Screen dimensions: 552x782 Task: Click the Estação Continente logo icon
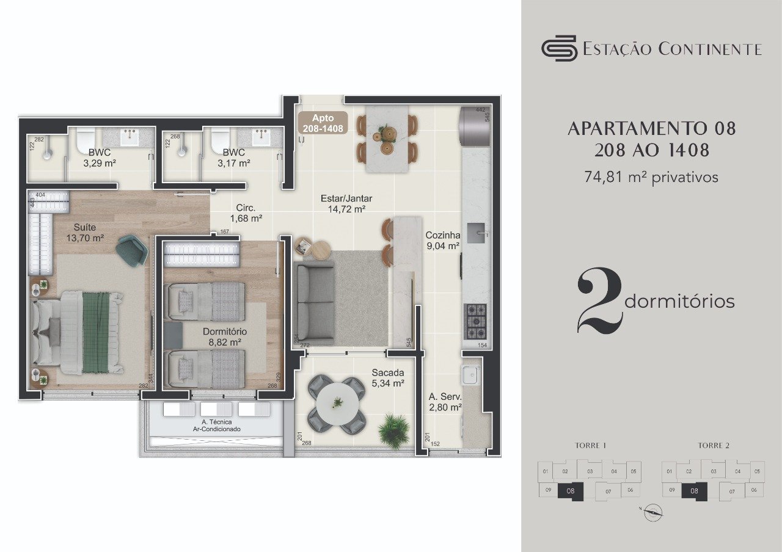pos(559,48)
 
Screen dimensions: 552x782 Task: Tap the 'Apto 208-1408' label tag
pos(323,123)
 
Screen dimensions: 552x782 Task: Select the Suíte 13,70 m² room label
pos(85,233)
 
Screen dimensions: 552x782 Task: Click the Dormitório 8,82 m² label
pos(225,336)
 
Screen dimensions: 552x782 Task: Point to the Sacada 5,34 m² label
pos(388,378)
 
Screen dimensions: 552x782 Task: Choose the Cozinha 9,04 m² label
pos(443,241)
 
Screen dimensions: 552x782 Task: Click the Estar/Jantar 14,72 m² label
pos(346,203)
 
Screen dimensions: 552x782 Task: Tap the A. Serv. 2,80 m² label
pos(445,402)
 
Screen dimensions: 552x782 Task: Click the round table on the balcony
pos(337,402)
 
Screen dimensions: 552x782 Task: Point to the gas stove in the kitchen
pos(476,321)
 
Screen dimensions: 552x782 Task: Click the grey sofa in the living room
pos(313,303)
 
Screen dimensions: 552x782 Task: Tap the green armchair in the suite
pos(133,250)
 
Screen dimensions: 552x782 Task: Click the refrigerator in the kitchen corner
pos(475,127)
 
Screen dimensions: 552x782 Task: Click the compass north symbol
pos(653,513)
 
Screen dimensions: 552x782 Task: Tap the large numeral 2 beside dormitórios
pos(599,302)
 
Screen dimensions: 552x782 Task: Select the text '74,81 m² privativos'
pos(651,177)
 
